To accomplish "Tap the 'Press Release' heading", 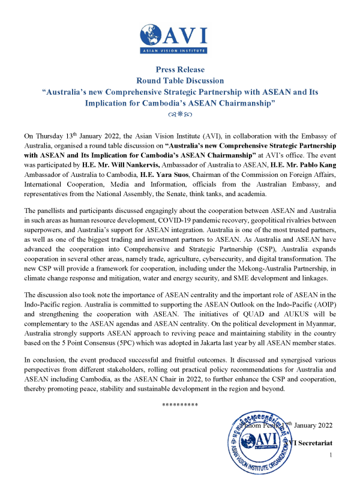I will pos(180,70).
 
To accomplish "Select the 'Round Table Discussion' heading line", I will pos(180,80).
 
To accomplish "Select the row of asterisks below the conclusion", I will pos(180,404).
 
